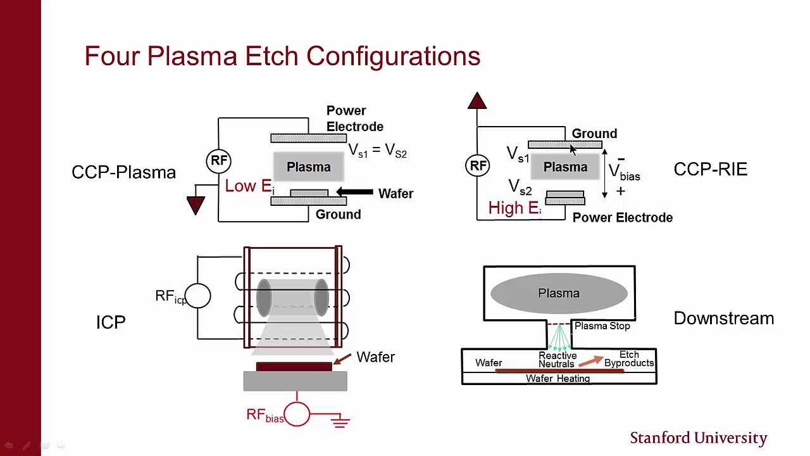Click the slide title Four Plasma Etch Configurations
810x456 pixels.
pos(282,56)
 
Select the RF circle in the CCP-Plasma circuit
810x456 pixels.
pos(219,160)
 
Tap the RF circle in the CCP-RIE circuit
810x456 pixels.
pos(478,166)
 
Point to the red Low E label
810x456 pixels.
pos(249,186)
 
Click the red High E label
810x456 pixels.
pos(514,208)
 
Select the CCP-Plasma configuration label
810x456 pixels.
pos(123,172)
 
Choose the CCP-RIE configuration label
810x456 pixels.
pos(710,169)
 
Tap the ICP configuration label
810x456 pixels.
pos(111,322)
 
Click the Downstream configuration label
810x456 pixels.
pos(723,318)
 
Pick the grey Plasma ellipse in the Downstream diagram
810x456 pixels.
pos(559,293)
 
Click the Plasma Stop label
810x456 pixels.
pos(602,326)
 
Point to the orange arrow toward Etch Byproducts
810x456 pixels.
pos(590,361)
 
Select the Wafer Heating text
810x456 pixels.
pos(558,379)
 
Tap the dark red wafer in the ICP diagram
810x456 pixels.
pos(294,367)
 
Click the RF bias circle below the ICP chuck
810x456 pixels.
pos(297,415)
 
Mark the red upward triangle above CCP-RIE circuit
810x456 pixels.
pos(477,101)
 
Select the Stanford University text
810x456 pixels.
pos(698,438)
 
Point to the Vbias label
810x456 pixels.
pos(624,172)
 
